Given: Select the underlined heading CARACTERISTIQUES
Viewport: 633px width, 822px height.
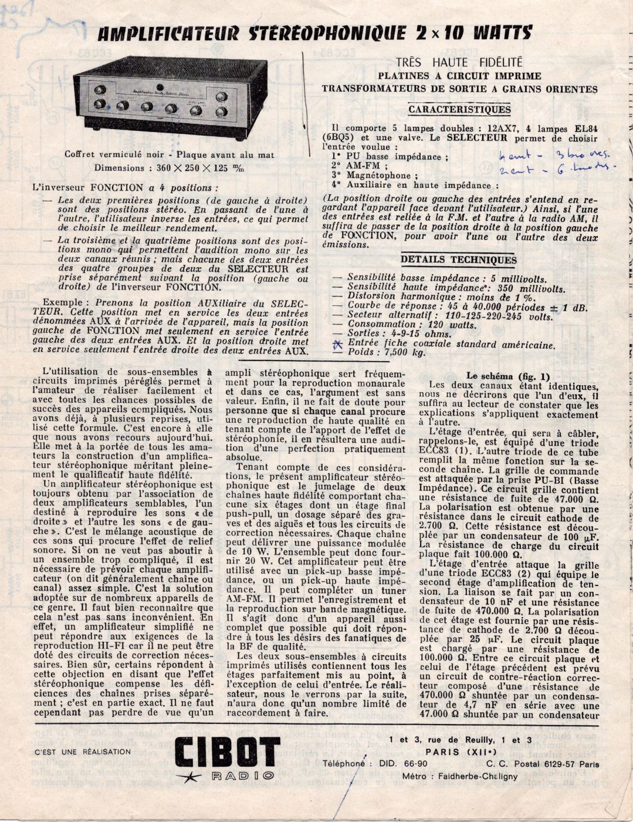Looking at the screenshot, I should pyautogui.click(x=459, y=110).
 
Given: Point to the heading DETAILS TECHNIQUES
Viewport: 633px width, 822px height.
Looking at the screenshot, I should pyautogui.click(x=458, y=260).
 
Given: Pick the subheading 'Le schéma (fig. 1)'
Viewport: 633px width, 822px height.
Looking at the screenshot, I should pyautogui.click(x=508, y=376).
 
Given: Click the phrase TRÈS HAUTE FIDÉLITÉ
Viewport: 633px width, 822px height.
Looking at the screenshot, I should pyautogui.click(x=459, y=62).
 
